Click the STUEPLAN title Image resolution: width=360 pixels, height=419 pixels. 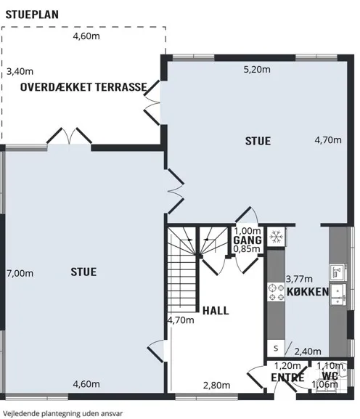click(32, 15)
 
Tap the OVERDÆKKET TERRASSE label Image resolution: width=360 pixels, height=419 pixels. click(83, 87)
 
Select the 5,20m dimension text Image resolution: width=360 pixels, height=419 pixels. click(257, 70)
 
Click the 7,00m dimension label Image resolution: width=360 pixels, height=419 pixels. click(20, 273)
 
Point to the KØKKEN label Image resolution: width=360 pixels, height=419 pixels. click(308, 292)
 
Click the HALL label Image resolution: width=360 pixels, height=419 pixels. click(216, 311)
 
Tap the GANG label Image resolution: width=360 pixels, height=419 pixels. click(247, 240)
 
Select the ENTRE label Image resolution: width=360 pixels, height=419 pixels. click(287, 378)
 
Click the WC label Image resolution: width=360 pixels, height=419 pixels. click(330, 376)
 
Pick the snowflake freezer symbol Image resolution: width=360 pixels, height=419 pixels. click(276, 237)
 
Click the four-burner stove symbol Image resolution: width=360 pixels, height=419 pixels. click(276, 292)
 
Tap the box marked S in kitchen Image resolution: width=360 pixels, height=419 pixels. click(276, 348)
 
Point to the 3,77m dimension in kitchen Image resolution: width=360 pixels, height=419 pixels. click(299, 279)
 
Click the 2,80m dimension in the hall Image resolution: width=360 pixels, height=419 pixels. click(216, 386)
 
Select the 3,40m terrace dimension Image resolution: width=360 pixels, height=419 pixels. click(20, 71)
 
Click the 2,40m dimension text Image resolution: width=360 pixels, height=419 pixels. click(308, 351)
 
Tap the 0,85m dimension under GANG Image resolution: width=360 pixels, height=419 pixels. click(247, 249)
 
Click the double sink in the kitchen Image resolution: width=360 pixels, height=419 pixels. click(338, 295)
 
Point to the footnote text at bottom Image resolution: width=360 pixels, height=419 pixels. click(63, 413)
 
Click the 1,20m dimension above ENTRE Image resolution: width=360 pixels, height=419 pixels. click(287, 365)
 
